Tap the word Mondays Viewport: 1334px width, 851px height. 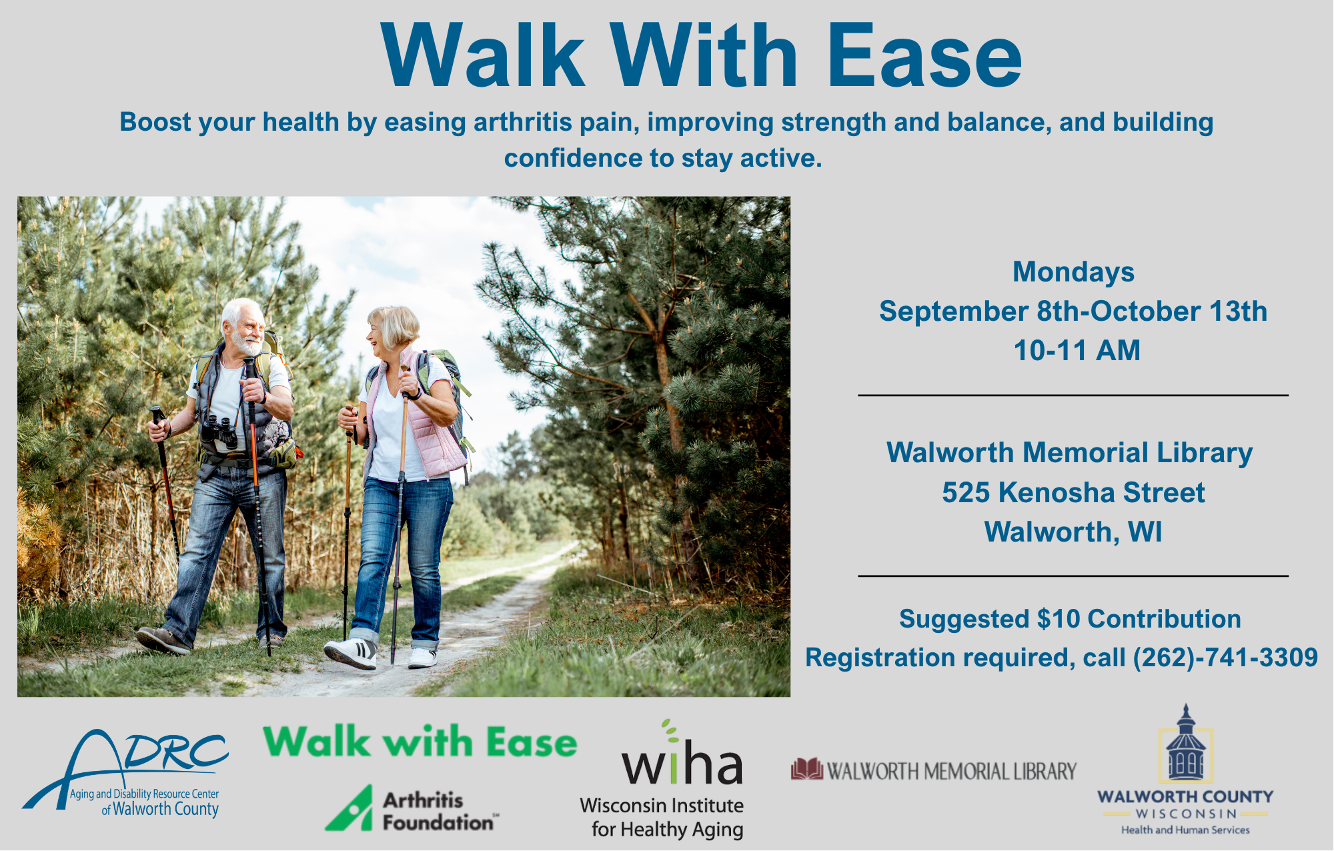pyautogui.click(x=1073, y=273)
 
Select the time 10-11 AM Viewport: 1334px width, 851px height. pyautogui.click(x=1077, y=351)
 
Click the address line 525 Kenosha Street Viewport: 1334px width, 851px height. pyautogui.click(x=1073, y=493)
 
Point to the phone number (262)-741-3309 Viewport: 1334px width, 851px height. pyautogui.click(x=1225, y=658)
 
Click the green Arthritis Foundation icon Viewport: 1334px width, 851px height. pyautogui.click(x=350, y=808)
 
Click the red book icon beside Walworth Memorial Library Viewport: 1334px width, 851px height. pyautogui.click(x=807, y=770)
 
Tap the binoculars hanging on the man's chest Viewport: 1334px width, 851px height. pyautogui.click(x=220, y=432)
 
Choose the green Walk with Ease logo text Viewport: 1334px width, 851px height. pyautogui.click(x=420, y=742)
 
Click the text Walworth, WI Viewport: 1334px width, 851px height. pyautogui.click(x=1073, y=532)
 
